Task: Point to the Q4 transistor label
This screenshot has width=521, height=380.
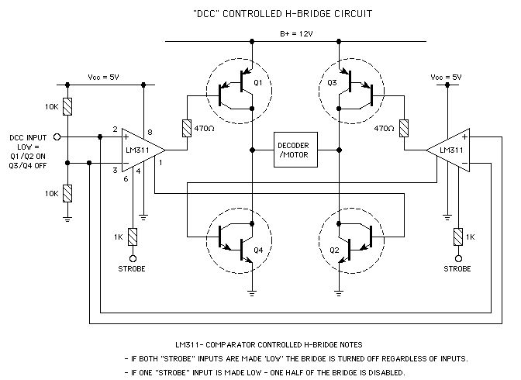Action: pos(258,250)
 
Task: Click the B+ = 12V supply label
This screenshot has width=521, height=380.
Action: pos(297,34)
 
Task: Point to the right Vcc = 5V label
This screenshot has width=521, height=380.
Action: pos(446,78)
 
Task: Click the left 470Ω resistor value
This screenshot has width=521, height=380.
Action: pos(205,128)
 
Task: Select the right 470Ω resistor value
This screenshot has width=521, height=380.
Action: pos(385,128)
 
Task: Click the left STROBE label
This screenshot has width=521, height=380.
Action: pos(133,268)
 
